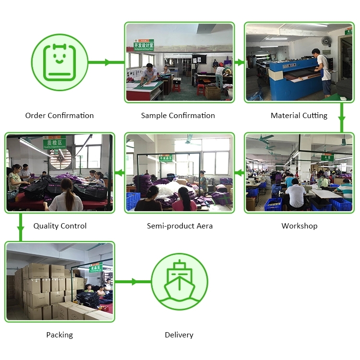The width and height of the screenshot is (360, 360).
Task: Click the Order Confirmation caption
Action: [x=59, y=116]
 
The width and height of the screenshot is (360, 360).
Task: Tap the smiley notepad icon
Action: [x=60, y=62]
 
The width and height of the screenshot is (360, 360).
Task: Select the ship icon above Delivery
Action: [x=179, y=281]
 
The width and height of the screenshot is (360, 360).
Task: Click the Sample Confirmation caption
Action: [x=178, y=116]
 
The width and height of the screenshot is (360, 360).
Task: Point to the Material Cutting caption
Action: [x=299, y=116]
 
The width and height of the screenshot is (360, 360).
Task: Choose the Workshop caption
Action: [x=299, y=226]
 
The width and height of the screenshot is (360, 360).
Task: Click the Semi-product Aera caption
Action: [x=180, y=226]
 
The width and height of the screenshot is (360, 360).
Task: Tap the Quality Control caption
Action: [x=60, y=226]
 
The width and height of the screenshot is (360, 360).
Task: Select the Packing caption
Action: [x=60, y=335]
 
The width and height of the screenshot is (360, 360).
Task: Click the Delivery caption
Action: [x=179, y=335]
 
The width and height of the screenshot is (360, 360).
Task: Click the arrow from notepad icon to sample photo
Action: [x=107, y=62]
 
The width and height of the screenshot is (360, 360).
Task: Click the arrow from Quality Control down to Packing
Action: [x=20, y=227]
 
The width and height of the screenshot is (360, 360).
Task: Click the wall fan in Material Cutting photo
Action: [x=326, y=40]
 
